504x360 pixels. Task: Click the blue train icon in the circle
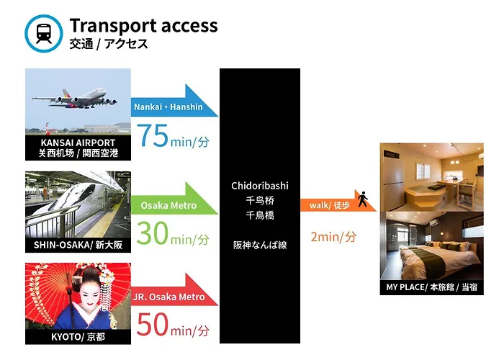[x=44, y=33]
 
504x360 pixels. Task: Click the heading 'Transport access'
[x=143, y=26]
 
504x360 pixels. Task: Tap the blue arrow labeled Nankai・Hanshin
[x=174, y=101]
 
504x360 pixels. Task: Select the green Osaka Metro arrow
[x=174, y=199]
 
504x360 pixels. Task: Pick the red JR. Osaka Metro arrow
[x=174, y=290]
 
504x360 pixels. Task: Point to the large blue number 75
[x=153, y=135]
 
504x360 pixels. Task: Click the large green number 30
[x=153, y=233]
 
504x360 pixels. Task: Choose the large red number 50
[x=153, y=324]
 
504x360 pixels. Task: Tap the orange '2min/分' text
[x=333, y=237]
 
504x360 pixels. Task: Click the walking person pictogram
[x=363, y=199]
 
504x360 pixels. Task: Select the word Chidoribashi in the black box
[x=260, y=186]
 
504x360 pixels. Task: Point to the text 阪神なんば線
[x=260, y=246]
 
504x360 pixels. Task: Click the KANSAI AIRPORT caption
[x=78, y=148]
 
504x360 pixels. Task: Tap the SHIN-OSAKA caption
[x=78, y=245]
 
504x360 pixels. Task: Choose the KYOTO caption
[x=78, y=337]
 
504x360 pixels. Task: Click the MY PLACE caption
[x=431, y=287]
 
